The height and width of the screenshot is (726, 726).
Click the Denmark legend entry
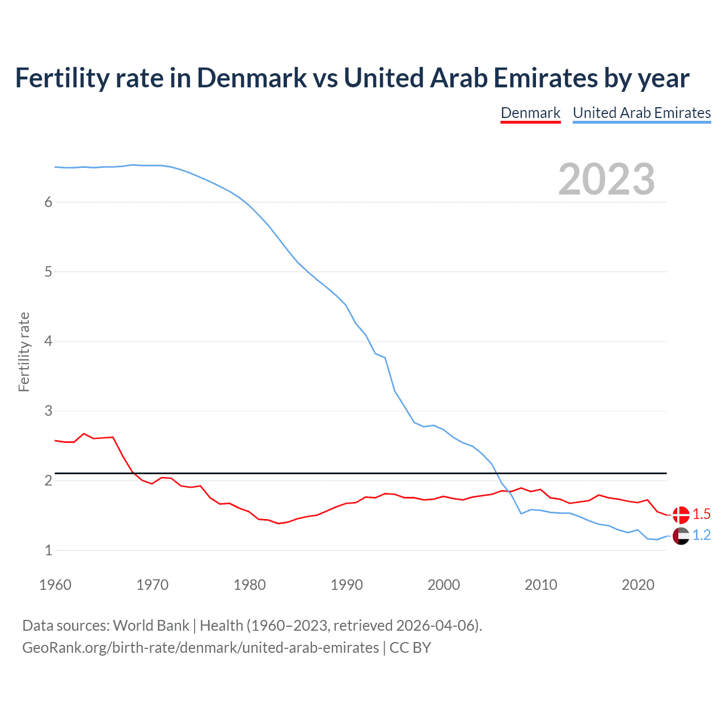pos(530,113)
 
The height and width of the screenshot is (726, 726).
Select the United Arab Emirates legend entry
pos(641,113)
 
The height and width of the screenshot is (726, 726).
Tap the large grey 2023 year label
pos(606,179)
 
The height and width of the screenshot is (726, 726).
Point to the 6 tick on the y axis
pos(48,202)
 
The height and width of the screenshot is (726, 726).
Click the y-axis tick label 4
pos(48,341)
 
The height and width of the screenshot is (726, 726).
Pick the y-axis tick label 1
pos(48,550)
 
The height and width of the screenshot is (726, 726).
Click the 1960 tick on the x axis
pos(55,585)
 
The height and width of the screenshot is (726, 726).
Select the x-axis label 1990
pos(347,585)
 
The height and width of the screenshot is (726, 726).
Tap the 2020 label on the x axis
pos(638,585)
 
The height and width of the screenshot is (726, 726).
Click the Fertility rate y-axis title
pos(24,352)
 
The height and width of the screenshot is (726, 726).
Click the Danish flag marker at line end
pos(681,514)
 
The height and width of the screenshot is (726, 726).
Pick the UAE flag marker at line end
pos(681,535)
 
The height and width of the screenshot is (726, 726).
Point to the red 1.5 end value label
pos(702,514)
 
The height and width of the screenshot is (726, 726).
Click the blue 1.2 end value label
pos(702,535)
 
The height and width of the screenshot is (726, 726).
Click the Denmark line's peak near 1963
pos(84,434)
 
